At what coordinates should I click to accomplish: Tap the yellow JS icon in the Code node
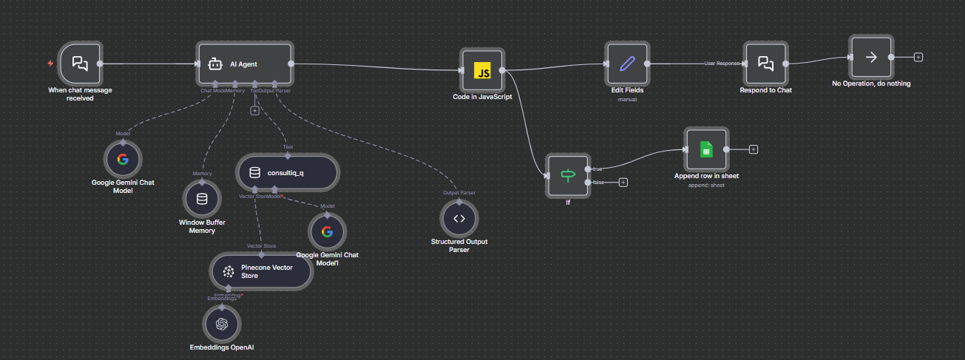pos(482,71)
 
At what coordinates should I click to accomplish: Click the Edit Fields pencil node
pos(627,64)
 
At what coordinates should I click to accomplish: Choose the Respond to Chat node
pos(766,64)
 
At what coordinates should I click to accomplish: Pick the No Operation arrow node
pos(871,57)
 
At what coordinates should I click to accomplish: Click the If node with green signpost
pos(568,176)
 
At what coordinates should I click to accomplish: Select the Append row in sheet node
pos(706,149)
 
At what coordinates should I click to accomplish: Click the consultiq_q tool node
pos(287,173)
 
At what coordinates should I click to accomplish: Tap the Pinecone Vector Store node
pos(261,271)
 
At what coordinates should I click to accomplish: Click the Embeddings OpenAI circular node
pos(221,324)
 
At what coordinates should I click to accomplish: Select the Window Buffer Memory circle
pos(202,199)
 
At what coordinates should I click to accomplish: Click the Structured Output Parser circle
pos(459,218)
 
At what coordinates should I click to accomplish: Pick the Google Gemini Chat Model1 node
pos(327,232)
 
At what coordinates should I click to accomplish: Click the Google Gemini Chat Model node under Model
pos(123,159)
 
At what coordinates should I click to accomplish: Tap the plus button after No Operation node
pos(918,57)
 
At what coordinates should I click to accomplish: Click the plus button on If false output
pos(623,182)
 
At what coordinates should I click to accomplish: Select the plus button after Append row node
pos(753,149)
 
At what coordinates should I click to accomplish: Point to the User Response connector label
pos(722,64)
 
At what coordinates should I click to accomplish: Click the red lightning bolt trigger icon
pos(50,64)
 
